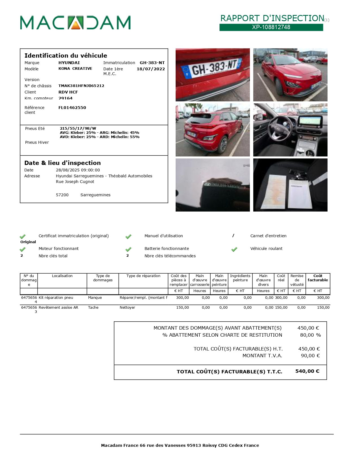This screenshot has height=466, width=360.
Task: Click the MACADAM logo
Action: [x=75, y=23]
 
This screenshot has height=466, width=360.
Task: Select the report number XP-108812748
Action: [x=271, y=27]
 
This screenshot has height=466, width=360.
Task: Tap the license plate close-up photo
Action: [x=213, y=75]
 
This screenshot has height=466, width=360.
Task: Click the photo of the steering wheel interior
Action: [x=290, y=130]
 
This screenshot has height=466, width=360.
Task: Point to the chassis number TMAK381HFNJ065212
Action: [x=81, y=86]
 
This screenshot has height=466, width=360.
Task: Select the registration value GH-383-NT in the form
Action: [x=152, y=63]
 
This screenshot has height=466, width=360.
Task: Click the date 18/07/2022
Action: [x=151, y=69]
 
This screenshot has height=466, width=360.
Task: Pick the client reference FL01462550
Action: [x=72, y=108]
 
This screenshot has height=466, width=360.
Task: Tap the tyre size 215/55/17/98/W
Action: [x=78, y=129]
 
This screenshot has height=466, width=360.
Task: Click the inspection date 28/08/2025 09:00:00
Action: [x=78, y=170]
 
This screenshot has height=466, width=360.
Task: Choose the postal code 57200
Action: [x=62, y=195]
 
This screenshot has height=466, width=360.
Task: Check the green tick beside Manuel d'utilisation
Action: [x=128, y=236]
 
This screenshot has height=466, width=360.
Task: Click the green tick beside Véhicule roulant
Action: [x=234, y=249]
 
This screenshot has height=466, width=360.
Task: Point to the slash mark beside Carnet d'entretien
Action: [x=233, y=236]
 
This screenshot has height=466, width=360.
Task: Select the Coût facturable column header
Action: [x=318, y=278]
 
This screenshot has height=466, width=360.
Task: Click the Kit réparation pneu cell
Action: [x=56, y=298]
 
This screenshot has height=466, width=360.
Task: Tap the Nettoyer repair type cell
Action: [x=127, y=308]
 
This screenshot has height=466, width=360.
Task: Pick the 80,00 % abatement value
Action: [x=310, y=335]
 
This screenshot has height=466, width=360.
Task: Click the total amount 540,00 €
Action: [x=307, y=371]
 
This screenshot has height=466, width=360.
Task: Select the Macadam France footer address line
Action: [x=180, y=445]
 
